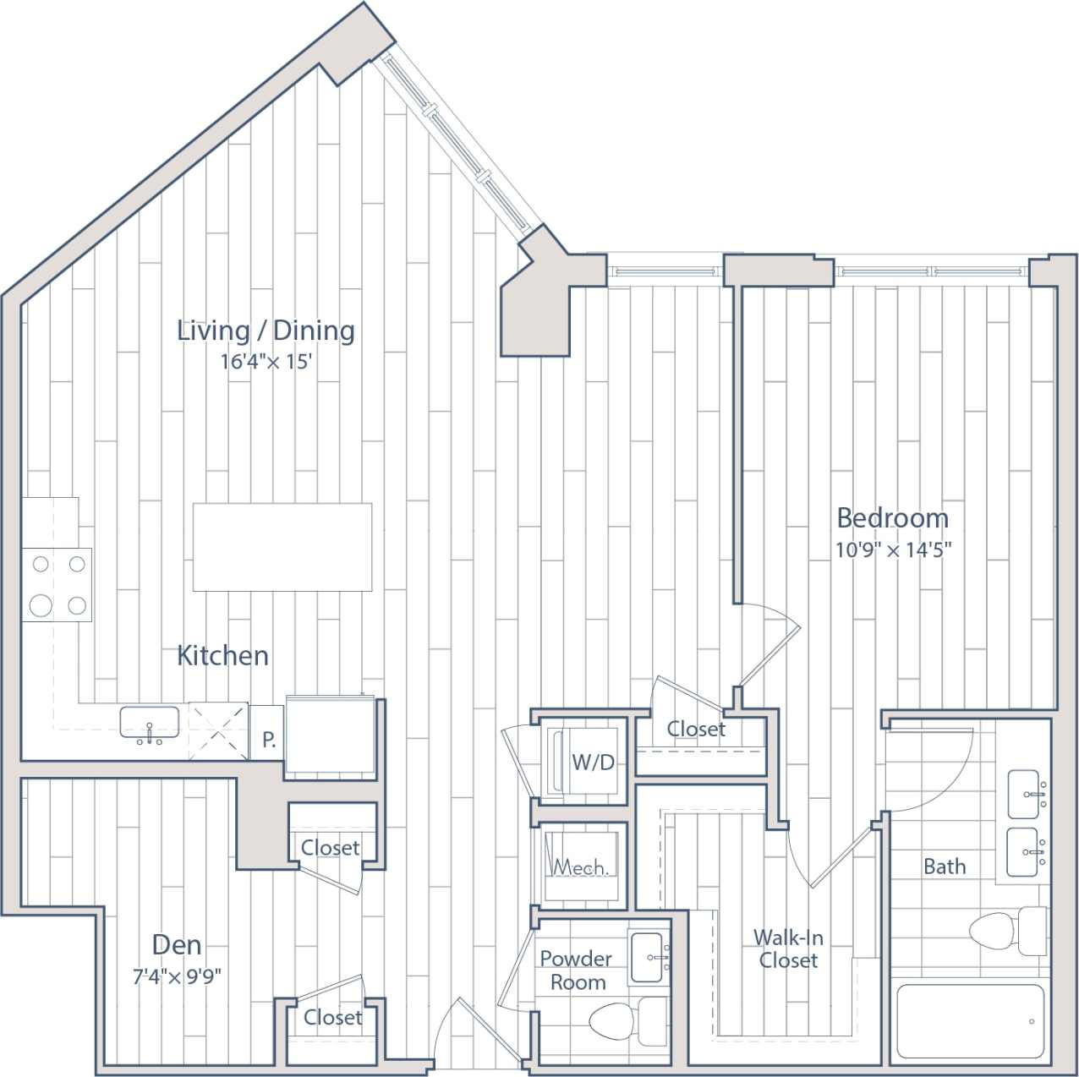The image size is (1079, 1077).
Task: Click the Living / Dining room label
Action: pyautogui.click(x=266, y=331)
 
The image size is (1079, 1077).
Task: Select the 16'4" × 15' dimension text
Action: pyautogui.click(x=266, y=362)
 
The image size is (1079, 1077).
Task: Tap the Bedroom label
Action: pyautogui.click(x=892, y=517)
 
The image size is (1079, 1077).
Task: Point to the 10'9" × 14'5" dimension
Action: pyautogui.click(x=893, y=549)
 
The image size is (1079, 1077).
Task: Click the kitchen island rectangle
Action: pyautogui.click(x=282, y=547)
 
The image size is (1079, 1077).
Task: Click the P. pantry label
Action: pyautogui.click(x=268, y=741)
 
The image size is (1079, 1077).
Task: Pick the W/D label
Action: pyautogui.click(x=593, y=763)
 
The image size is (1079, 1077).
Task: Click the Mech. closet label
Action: pyautogui.click(x=580, y=867)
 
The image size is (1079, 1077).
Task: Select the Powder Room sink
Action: pyautogui.click(x=649, y=957)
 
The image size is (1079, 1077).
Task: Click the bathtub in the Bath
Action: pyautogui.click(x=970, y=1021)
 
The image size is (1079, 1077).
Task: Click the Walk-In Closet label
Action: pyautogui.click(x=788, y=949)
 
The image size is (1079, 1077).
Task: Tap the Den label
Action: pyautogui.click(x=177, y=944)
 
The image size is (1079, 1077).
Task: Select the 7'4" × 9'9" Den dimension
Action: pyautogui.click(x=177, y=977)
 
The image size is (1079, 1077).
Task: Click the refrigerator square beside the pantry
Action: pyautogui.click(x=330, y=734)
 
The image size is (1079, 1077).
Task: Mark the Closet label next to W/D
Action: pyautogui.click(x=696, y=729)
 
